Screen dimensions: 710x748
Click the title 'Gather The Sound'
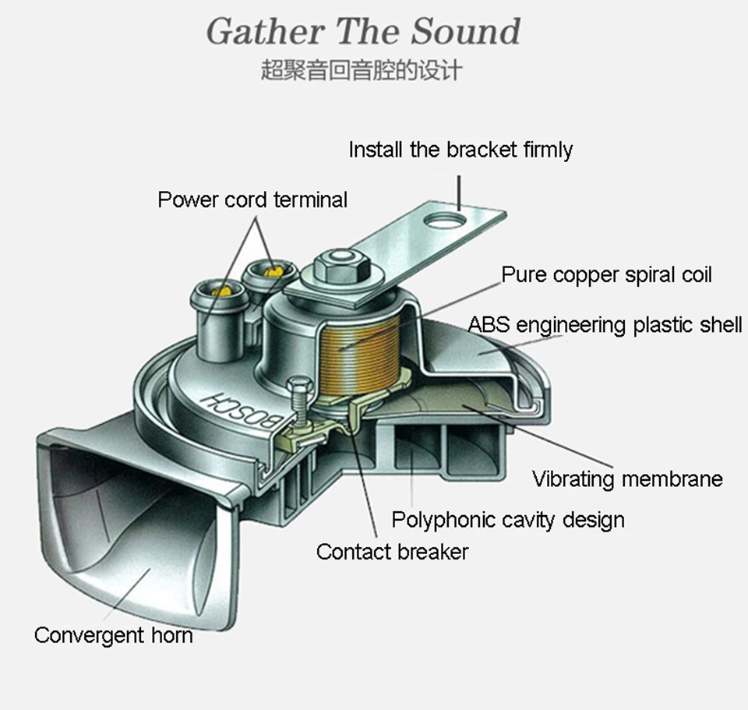click(x=363, y=31)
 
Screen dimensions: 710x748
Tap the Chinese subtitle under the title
click(x=362, y=72)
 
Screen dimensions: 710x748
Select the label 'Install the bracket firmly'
click(x=460, y=150)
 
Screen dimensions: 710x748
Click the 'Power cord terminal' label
click(x=252, y=200)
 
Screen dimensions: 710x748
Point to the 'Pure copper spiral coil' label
click(x=606, y=275)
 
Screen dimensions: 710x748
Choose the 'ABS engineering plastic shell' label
click(x=605, y=324)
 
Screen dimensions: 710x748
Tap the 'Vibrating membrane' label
click(x=627, y=479)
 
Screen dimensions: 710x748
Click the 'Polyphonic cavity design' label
click(x=507, y=519)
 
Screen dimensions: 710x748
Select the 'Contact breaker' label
click(x=392, y=552)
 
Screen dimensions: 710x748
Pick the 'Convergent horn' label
click(x=113, y=634)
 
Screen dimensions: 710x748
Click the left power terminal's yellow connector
click(x=221, y=291)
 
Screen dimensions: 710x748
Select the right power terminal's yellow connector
click(x=271, y=270)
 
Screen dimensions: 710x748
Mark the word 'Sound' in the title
click(x=465, y=31)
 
